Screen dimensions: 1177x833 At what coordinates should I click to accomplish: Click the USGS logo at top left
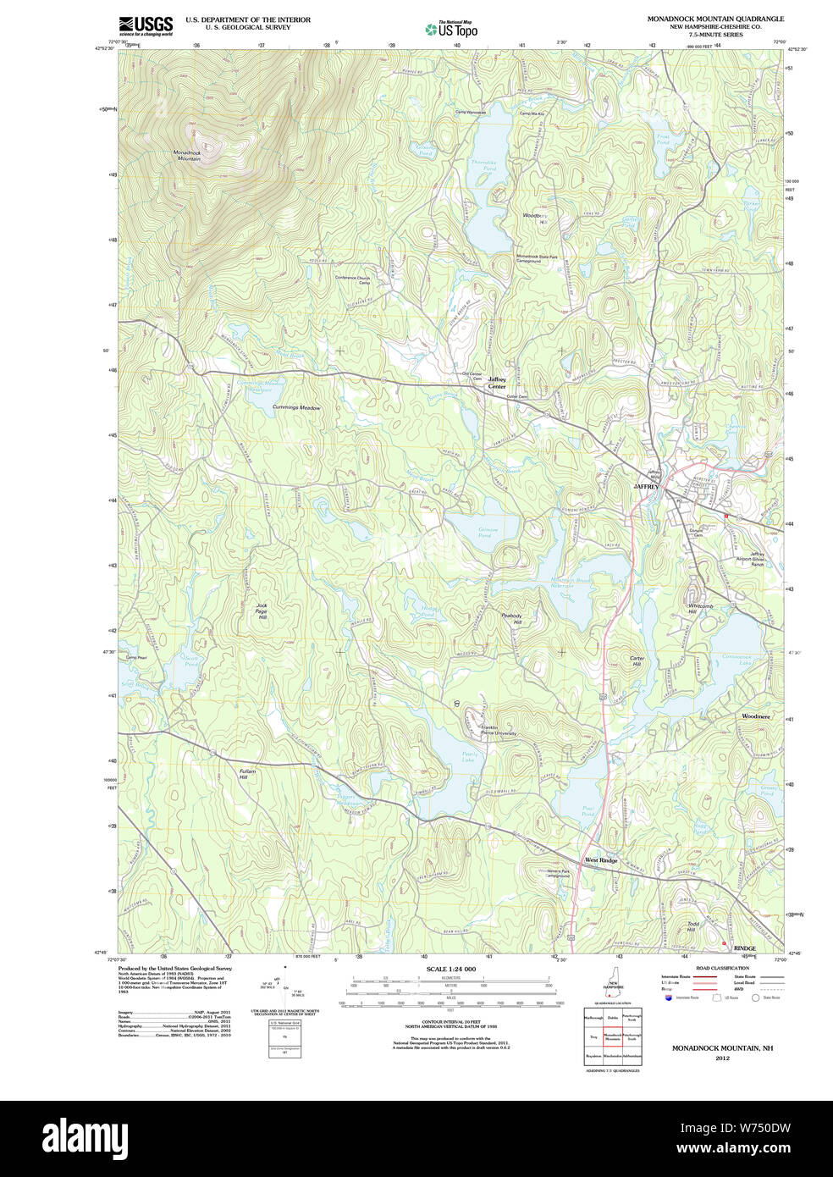[x=145, y=25]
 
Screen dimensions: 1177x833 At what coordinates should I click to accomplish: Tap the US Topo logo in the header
[x=452, y=30]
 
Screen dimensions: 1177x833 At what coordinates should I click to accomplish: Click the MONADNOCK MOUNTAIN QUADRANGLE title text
[x=715, y=19]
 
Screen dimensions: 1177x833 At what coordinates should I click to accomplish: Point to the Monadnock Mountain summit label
[x=187, y=156]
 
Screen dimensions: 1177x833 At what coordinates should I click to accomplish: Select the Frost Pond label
[x=663, y=139]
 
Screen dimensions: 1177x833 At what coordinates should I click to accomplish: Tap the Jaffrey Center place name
[x=497, y=383]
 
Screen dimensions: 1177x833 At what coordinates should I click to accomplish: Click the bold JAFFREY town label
[x=646, y=487]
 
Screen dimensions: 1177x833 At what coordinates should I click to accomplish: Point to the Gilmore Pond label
[x=484, y=533]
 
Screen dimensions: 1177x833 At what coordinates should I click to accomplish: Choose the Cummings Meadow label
[x=296, y=408]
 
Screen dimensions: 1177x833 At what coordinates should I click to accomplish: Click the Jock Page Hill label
[x=262, y=611]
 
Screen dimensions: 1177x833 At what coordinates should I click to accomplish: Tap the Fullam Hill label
[x=247, y=774]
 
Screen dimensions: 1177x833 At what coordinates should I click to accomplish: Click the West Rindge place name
[x=601, y=860]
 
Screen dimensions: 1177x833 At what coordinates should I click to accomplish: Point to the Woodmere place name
[x=756, y=716]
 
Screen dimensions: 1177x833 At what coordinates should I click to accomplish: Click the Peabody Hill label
[x=512, y=619]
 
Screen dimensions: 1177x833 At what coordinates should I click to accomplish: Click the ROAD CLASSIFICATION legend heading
[x=721, y=968]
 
